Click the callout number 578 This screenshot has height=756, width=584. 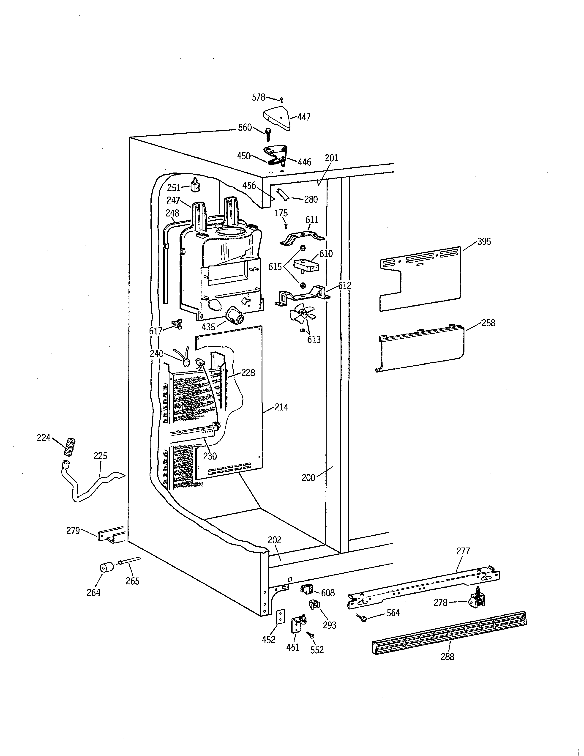[x=258, y=98]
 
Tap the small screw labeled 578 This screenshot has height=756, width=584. [x=282, y=100]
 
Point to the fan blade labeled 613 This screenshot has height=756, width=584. [x=302, y=314]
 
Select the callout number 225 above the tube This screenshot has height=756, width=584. [x=100, y=456]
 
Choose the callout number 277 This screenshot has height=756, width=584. [x=463, y=551]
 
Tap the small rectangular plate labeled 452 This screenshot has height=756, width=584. [x=281, y=616]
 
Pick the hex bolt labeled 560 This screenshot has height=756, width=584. [x=268, y=134]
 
